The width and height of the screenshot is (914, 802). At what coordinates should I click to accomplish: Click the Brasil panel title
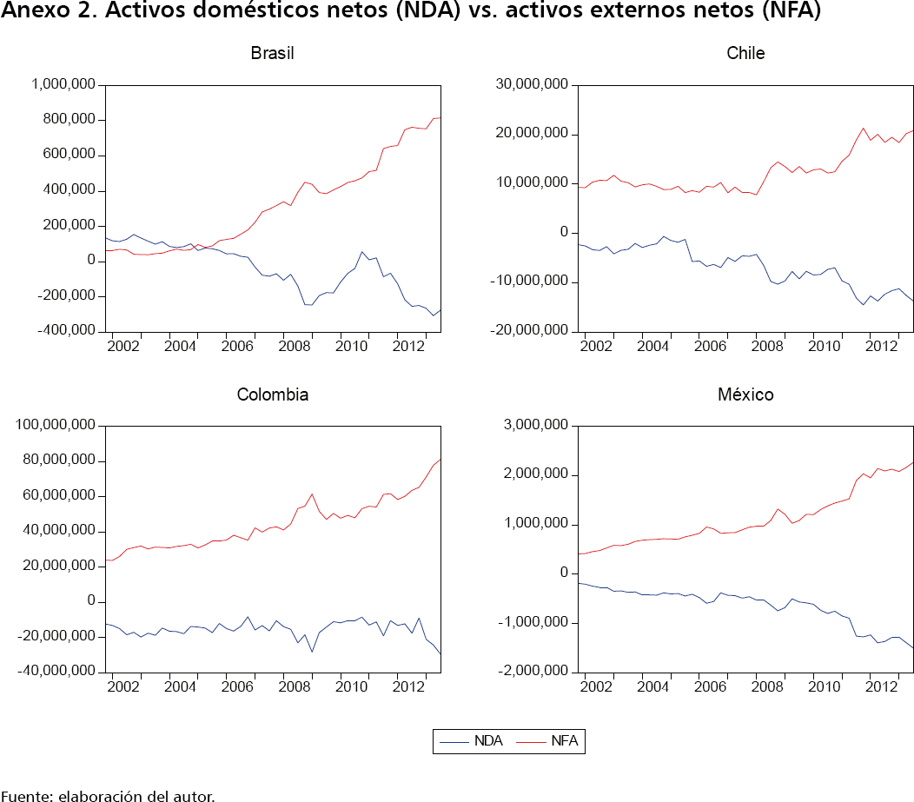coord(273,53)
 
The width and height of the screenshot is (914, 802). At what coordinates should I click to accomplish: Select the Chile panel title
coord(745,53)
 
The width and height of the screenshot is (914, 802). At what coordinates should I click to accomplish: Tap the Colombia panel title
coord(273,394)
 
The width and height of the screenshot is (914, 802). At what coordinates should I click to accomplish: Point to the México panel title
coord(745,394)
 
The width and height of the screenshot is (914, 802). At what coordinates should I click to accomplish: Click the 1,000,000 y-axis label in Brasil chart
coord(63,85)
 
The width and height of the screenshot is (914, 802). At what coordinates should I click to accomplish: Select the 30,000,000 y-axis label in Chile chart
coord(533,85)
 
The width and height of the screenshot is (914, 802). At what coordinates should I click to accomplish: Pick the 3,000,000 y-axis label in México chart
coord(536,426)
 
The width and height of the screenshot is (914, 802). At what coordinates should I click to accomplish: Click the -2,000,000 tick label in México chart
coord(533,672)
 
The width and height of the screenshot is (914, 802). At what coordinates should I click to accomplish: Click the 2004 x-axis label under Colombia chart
coord(180,686)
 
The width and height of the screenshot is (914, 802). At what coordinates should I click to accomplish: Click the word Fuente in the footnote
coord(26,795)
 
